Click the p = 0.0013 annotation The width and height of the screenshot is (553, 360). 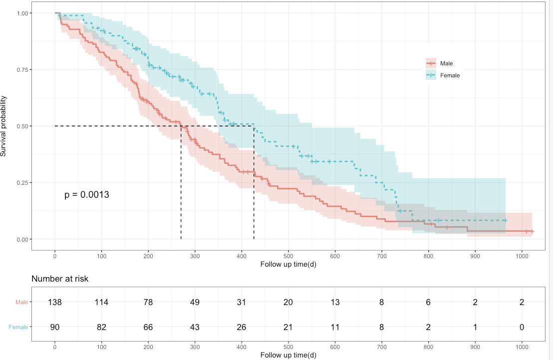click(87, 195)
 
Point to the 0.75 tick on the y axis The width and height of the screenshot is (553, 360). click(23, 69)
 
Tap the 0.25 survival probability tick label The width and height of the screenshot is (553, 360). click(23, 183)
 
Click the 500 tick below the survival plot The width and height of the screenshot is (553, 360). click(288, 256)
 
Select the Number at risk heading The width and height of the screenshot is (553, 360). click(60, 279)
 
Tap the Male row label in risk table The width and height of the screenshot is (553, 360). click(21, 302)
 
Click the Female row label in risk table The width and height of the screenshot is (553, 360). click(18, 327)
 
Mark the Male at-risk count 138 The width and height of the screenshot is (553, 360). click(55, 302)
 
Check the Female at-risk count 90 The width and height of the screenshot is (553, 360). click(55, 327)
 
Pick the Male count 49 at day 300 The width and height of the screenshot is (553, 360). click(195, 302)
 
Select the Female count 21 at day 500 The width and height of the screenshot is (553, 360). click(288, 327)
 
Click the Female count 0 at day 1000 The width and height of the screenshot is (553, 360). click(523, 327)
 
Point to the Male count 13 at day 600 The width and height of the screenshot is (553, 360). click(335, 302)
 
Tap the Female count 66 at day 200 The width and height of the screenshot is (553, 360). click(148, 327)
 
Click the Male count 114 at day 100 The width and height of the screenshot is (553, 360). click(101, 302)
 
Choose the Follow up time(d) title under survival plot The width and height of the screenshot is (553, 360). click(288, 264)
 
